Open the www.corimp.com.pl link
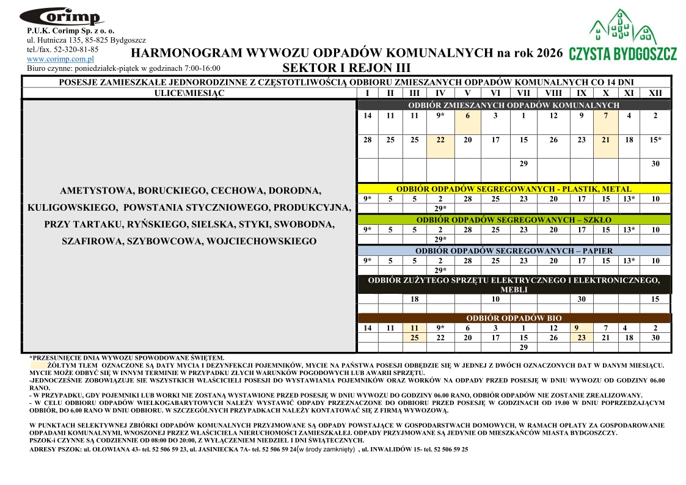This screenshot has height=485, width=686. click(x=60, y=59)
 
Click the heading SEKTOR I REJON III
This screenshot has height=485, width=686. click(x=346, y=68)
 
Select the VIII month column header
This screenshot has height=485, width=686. click(x=553, y=93)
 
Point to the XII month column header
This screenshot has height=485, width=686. click(x=655, y=93)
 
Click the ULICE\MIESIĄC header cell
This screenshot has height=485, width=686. click(x=189, y=93)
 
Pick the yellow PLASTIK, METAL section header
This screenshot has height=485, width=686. click(x=514, y=189)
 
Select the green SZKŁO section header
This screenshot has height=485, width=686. click(x=514, y=219)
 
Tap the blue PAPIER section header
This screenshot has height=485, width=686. click(x=514, y=250)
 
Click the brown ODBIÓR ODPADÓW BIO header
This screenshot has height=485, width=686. click(x=514, y=318)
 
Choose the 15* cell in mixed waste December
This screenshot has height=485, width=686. click(x=655, y=140)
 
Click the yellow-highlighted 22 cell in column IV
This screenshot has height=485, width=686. click(x=440, y=140)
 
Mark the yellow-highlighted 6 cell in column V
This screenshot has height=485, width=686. click(x=467, y=115)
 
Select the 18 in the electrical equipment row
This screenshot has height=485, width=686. click(x=414, y=299)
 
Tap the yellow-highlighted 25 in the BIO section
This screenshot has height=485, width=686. click(x=414, y=338)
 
